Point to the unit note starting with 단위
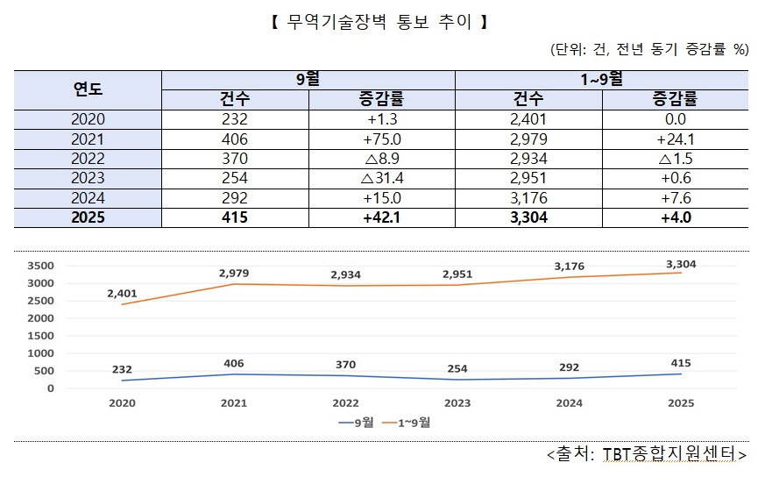click(x=649, y=49)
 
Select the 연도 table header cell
click(x=88, y=89)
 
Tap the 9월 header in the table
click(x=308, y=80)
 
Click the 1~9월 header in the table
click(x=601, y=80)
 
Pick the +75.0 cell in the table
click(x=381, y=139)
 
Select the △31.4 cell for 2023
click(x=381, y=178)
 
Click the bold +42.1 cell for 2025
click(x=381, y=217)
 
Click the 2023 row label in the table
click(x=88, y=178)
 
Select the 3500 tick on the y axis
click(x=40, y=266)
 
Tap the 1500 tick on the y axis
click(x=40, y=336)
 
